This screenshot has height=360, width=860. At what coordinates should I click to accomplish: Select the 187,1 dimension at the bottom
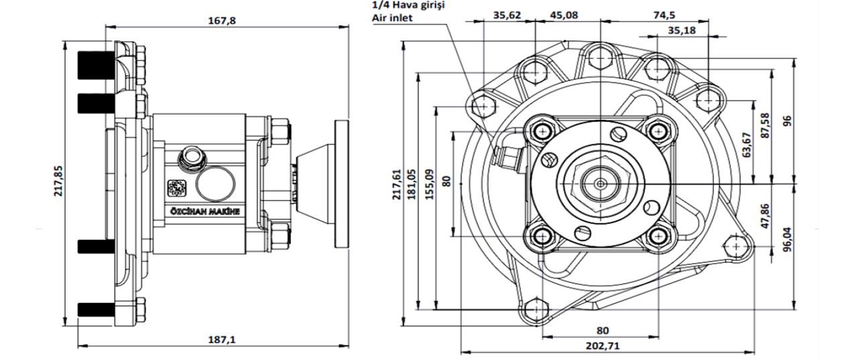(x=221, y=339)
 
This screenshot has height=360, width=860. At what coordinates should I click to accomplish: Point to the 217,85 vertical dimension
(x=58, y=181)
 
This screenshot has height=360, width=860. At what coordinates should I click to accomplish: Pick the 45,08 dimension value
(x=564, y=14)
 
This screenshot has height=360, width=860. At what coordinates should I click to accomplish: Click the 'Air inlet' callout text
(x=392, y=18)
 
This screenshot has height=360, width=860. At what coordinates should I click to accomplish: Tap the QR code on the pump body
(x=176, y=188)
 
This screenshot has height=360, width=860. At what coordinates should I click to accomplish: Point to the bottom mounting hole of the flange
(x=536, y=309)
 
